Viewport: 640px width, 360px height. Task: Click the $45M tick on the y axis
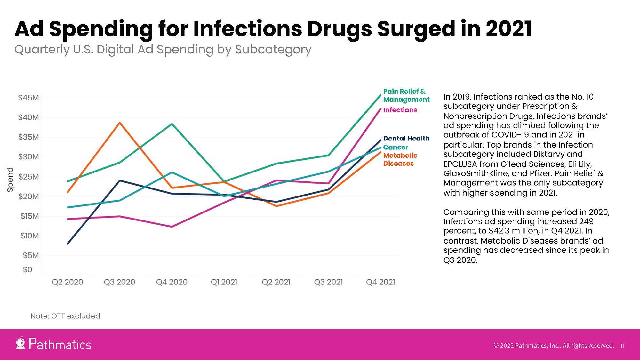28,98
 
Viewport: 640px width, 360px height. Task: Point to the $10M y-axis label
29,236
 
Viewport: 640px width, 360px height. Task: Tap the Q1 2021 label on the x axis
224,282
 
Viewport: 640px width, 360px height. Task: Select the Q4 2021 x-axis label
380,282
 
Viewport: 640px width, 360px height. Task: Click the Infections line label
400,110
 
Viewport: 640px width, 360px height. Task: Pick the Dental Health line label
406,138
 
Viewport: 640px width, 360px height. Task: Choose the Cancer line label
396,147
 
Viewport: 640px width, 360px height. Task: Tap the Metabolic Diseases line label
400,159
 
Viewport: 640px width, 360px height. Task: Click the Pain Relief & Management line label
406,95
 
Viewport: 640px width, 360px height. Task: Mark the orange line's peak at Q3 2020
119,123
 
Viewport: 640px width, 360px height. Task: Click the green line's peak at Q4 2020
172,124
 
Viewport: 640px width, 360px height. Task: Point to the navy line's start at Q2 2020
68,244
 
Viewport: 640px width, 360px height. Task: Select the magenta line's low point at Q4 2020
172,227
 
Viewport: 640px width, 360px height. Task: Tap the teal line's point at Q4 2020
172,172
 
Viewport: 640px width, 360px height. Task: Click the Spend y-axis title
10,180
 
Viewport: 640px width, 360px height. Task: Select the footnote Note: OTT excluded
65,316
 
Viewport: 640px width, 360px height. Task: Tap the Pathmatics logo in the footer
53,344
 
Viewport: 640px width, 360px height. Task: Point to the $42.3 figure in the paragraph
500,231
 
